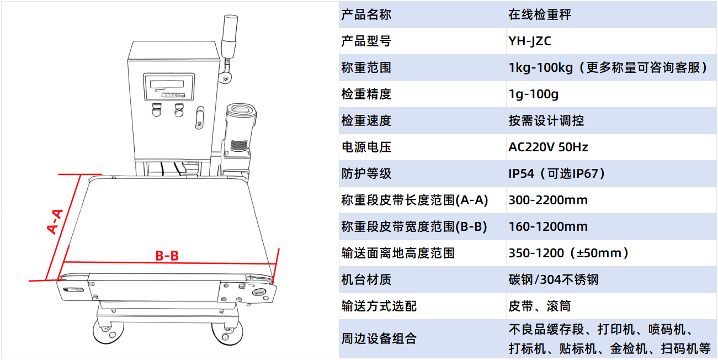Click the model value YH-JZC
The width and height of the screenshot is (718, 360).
pyautogui.click(x=529, y=41)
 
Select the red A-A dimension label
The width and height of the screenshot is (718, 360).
pyautogui.click(x=55, y=221)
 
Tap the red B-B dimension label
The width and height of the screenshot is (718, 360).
pyautogui.click(x=167, y=256)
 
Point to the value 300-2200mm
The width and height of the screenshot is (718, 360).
pyautogui.click(x=548, y=200)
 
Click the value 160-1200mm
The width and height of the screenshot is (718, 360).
pyautogui.click(x=548, y=226)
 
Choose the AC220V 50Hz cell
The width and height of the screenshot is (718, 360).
pyautogui.click(x=548, y=147)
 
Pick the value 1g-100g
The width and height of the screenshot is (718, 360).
pyautogui.click(x=533, y=94)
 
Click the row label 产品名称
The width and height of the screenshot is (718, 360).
pyautogui.click(x=366, y=15)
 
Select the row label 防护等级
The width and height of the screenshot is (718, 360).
pyautogui.click(x=366, y=174)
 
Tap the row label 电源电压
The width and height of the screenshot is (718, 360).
pyautogui.click(x=366, y=147)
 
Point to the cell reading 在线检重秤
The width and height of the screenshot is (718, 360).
pyautogui.click(x=540, y=15)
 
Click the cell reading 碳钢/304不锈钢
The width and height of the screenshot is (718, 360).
pyautogui.click(x=554, y=280)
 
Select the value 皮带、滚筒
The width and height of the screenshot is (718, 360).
pyautogui.click(x=540, y=306)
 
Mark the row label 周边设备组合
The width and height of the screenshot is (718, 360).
pyautogui.click(x=379, y=338)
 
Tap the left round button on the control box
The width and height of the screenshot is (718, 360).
pyautogui.click(x=156, y=110)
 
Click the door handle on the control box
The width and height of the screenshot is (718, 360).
pyautogui.click(x=200, y=118)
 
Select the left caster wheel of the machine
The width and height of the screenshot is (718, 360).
pyautogui.click(x=108, y=332)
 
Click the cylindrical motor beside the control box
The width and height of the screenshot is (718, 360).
pyautogui.click(x=240, y=131)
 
